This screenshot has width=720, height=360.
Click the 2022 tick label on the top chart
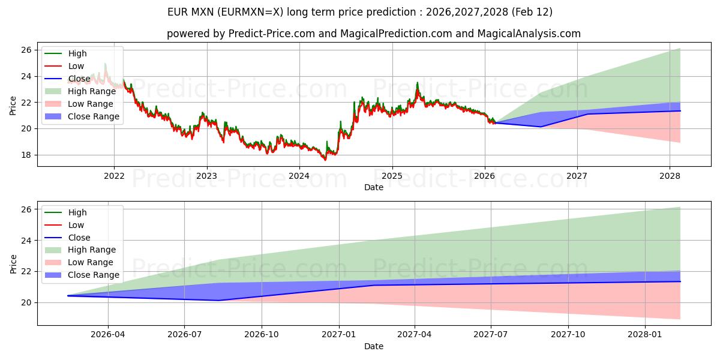point(114,176)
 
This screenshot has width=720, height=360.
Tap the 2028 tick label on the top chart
point(670,176)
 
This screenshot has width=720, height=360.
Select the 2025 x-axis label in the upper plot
point(392,176)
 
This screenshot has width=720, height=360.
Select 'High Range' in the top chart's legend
point(92,91)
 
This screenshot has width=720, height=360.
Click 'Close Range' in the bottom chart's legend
point(94,275)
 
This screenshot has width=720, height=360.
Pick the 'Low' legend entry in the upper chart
point(76,66)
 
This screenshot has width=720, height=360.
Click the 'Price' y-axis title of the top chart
point(13,106)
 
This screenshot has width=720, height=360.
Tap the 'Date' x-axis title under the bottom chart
point(373,346)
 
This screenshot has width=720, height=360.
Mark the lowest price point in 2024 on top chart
point(325,160)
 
